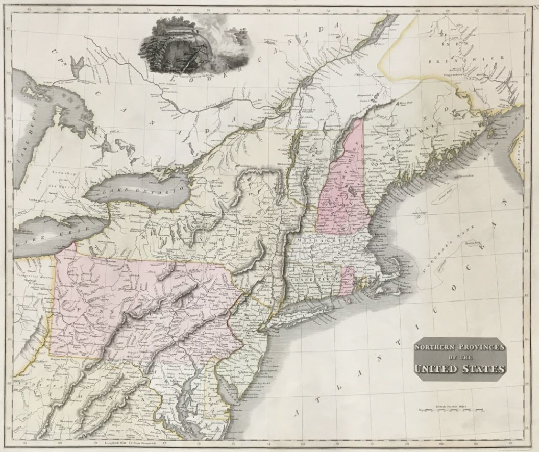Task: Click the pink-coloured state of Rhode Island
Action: [347, 280]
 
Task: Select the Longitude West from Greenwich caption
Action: [123, 442]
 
